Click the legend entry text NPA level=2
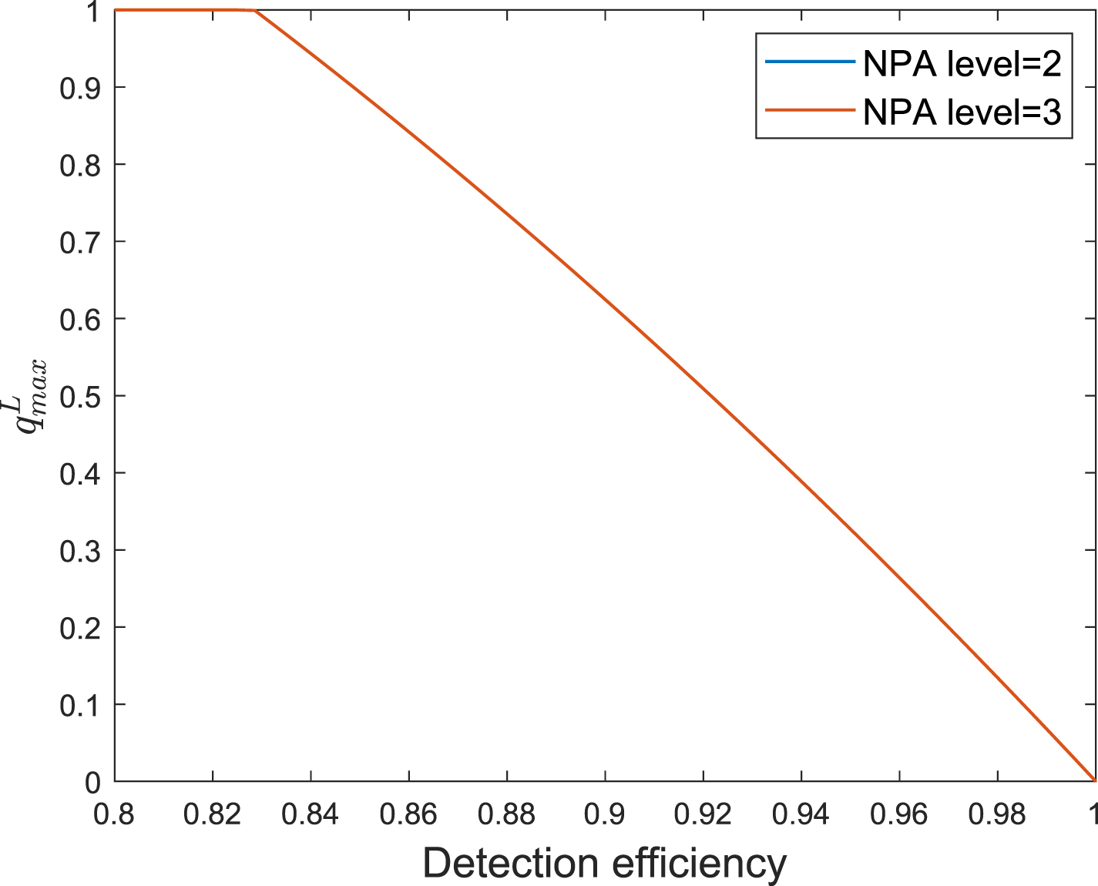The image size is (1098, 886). point(962,64)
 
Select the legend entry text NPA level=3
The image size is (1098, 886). point(962,112)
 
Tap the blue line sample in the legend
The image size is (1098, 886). point(809,62)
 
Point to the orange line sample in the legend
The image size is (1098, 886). point(809,110)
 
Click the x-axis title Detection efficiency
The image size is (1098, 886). point(604,864)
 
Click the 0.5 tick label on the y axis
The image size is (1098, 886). point(81,396)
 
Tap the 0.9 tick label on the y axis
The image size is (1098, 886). point(81,87)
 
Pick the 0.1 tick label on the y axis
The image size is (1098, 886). point(81,704)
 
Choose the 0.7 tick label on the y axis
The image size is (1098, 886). point(81,241)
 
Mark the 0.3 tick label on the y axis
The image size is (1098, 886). point(81,550)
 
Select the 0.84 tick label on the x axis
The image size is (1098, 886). point(311,814)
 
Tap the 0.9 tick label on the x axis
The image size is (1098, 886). point(605,814)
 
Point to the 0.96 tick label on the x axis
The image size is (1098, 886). point(899,814)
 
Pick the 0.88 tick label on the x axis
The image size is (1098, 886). point(507,814)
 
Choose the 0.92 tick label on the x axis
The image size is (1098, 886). point(703,814)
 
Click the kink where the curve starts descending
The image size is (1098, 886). point(255,11)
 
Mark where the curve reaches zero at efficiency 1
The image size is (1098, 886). point(1094,780)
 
